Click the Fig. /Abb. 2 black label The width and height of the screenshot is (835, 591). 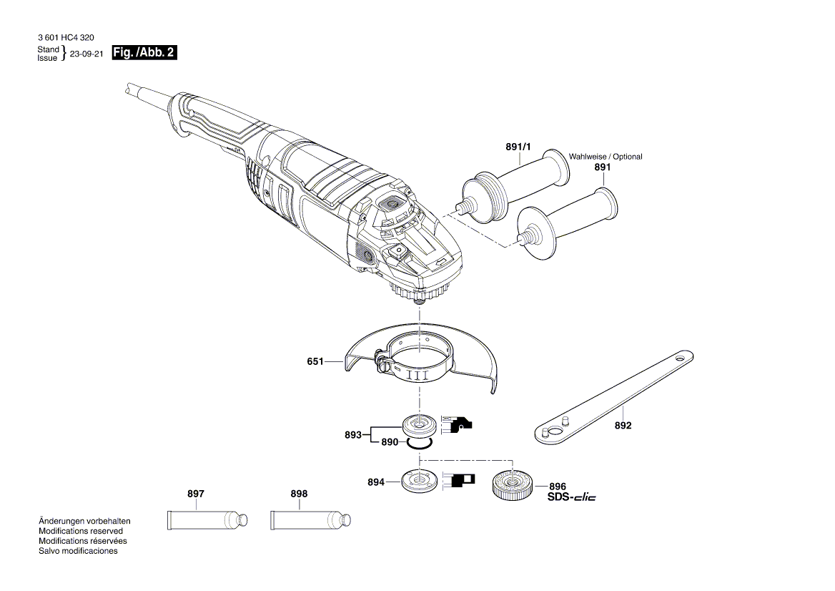144,53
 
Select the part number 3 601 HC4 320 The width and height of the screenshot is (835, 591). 65,37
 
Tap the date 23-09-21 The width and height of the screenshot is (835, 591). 87,54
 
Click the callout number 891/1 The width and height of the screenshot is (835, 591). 518,147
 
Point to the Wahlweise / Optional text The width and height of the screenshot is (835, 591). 605,157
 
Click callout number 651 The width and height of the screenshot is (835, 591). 315,362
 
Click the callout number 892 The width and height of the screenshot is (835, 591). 623,425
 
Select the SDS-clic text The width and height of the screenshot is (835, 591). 571,497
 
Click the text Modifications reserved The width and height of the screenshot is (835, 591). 81,531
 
